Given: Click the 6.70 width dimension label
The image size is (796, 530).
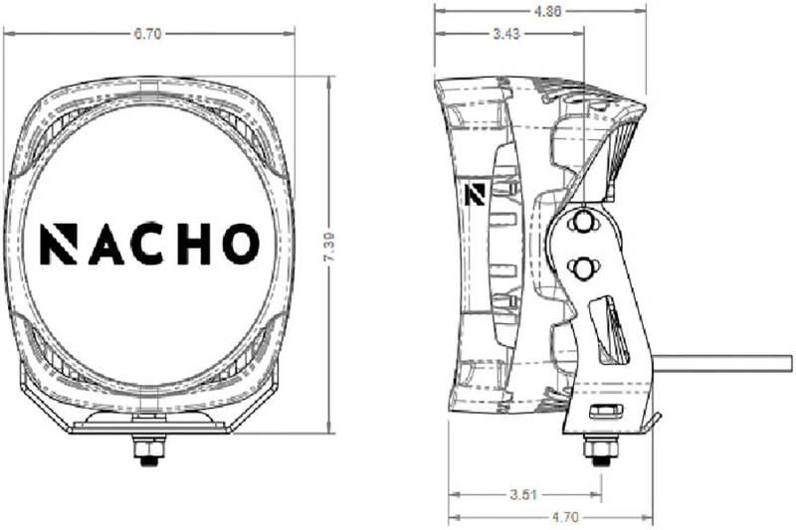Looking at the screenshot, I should pyautogui.click(x=147, y=33).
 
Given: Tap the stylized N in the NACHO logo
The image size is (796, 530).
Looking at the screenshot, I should pyautogui.click(x=58, y=244).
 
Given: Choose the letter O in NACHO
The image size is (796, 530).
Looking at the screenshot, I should pyautogui.click(x=240, y=244).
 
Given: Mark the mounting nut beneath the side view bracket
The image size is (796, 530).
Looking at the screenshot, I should pyautogui.click(x=599, y=449).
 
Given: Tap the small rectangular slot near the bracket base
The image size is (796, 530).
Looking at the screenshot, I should pyautogui.click(x=604, y=412).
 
